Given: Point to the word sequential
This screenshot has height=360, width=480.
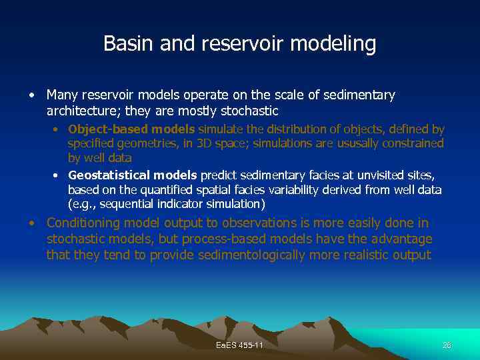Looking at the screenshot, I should click(125, 204).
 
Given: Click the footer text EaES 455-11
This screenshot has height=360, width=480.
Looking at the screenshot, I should click(239, 345).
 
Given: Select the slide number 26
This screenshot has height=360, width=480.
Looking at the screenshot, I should click(447, 345).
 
